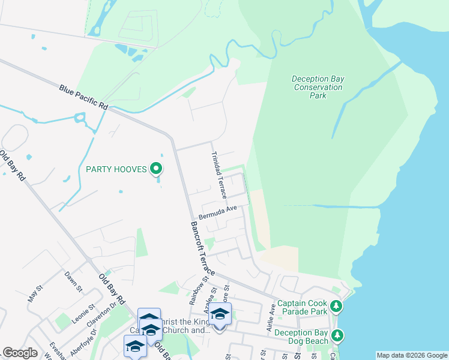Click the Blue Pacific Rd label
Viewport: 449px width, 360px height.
click(x=83, y=97)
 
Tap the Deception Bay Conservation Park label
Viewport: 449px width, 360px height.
click(x=318, y=87)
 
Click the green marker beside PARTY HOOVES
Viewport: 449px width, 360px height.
click(x=156, y=169)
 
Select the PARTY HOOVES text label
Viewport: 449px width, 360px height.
click(x=116, y=169)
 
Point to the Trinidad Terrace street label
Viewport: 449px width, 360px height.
click(x=218, y=175)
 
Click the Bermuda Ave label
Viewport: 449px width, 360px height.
click(x=219, y=212)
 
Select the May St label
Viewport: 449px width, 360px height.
click(x=35, y=293)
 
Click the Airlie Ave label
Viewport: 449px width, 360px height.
click(x=271, y=318)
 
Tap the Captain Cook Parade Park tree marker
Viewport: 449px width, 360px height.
click(x=337, y=307)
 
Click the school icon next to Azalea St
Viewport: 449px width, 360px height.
click(x=220, y=314)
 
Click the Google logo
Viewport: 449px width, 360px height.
click(x=20, y=353)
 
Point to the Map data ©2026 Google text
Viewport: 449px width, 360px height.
click(x=412, y=355)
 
